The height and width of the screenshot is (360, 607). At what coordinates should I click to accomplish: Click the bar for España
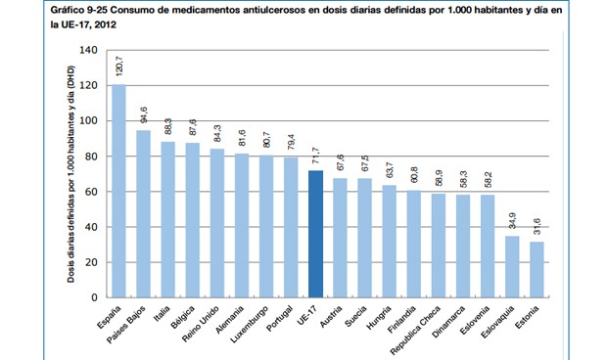[x=118, y=191]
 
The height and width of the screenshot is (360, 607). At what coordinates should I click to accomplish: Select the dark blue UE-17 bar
[x=315, y=234]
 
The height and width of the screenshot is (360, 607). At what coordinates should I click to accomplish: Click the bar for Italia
[x=167, y=219]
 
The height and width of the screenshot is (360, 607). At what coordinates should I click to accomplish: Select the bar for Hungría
[x=389, y=241]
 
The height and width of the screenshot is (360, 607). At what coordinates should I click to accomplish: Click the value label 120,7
[x=119, y=68]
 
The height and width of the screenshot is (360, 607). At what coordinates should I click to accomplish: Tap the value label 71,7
[x=315, y=155]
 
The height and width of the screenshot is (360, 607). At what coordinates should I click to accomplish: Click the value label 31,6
[x=536, y=226]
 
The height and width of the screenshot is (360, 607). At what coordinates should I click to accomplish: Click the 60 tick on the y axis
[x=90, y=192]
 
